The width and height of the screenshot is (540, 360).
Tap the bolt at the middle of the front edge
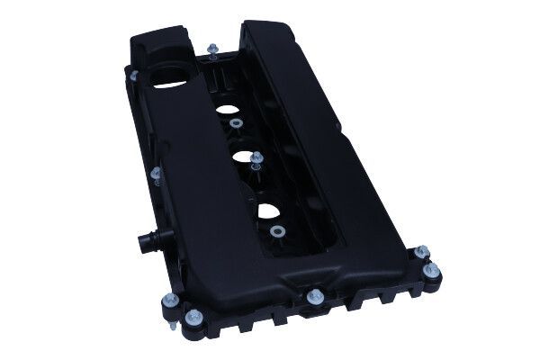(313, 296)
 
